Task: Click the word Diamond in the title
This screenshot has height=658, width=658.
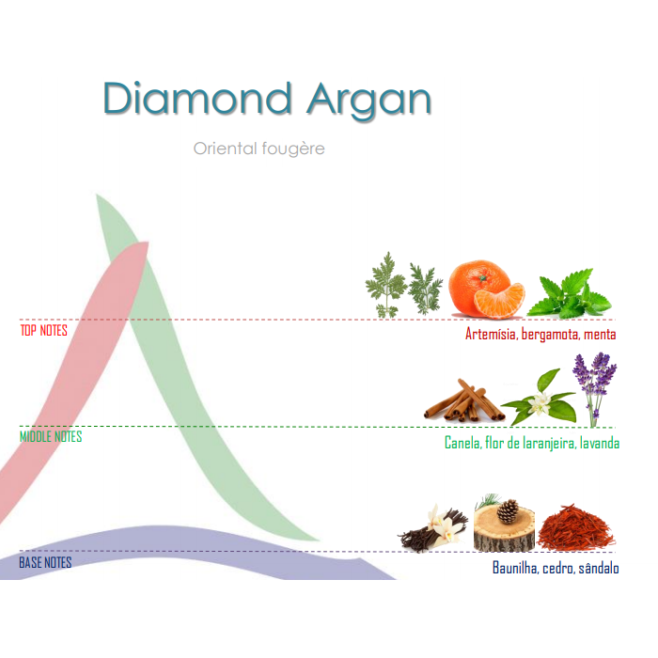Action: coord(197,99)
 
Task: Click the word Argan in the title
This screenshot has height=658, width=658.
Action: coord(368,101)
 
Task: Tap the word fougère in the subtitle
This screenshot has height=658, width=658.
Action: coord(293,149)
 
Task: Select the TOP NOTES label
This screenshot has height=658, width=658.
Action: coord(44,330)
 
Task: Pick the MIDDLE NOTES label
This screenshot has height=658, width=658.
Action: coord(51,436)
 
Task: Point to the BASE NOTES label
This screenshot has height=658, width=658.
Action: coord(45,562)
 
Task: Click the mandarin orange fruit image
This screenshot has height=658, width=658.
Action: coord(487,290)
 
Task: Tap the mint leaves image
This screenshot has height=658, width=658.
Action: coord(569,293)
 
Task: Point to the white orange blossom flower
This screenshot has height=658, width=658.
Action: coord(540,403)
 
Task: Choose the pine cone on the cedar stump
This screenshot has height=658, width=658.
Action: coord(508,510)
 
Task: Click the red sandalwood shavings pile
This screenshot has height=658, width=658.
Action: coord(575,528)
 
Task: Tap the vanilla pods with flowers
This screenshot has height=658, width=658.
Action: coord(433,528)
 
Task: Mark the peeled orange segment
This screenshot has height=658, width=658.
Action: coord(500,301)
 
